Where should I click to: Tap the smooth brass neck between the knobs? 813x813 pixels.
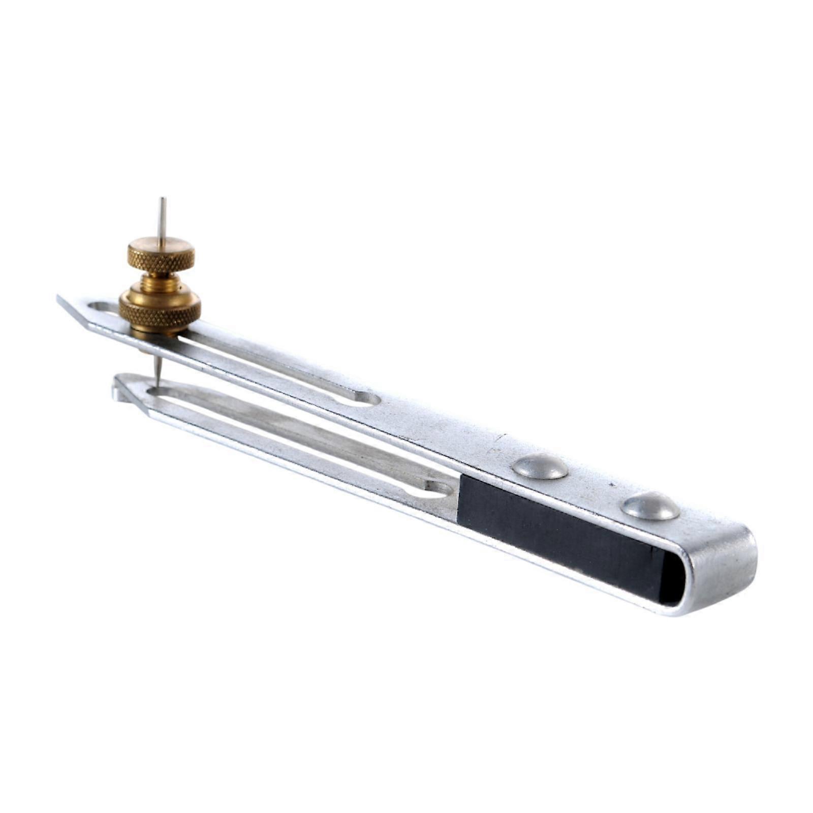160,283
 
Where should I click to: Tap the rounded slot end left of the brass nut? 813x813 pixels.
102,306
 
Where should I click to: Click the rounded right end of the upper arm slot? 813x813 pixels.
369,398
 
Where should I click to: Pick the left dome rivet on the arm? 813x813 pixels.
540,466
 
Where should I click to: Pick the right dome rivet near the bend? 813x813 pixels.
651,507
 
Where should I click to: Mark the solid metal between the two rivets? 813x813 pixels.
595,485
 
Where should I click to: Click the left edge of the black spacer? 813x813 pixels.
459,498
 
